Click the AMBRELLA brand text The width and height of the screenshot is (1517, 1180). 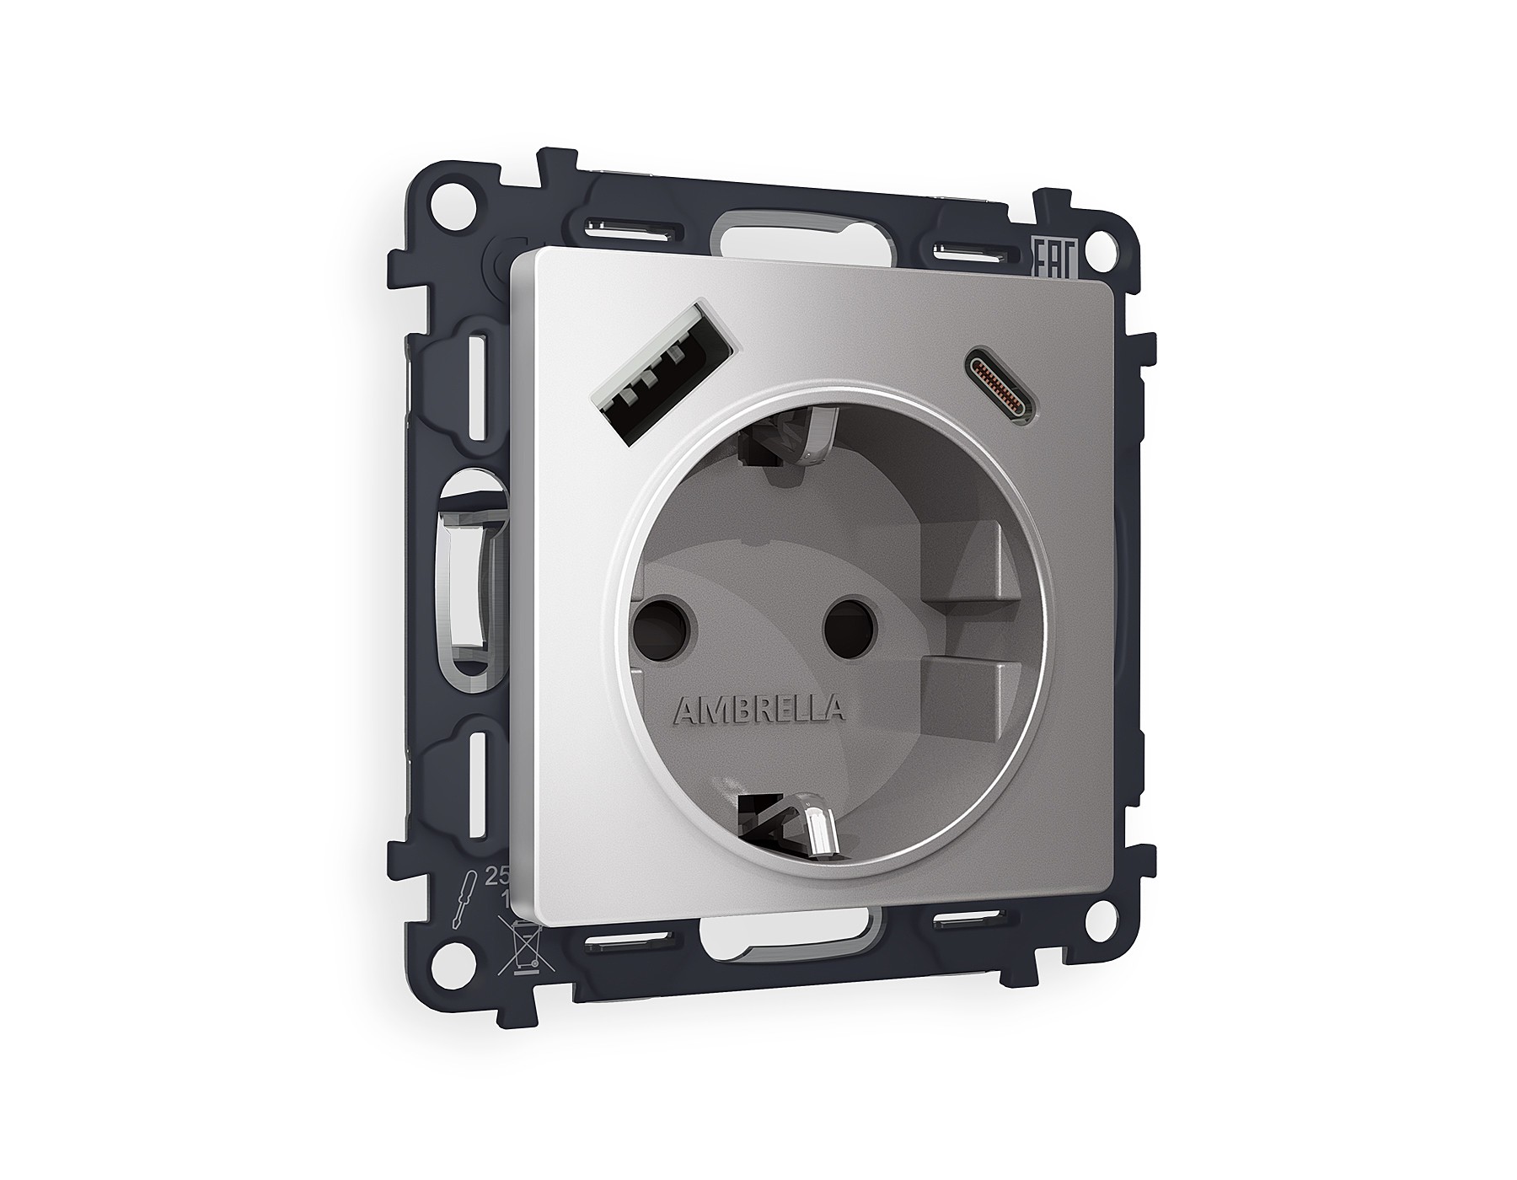(x=758, y=710)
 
